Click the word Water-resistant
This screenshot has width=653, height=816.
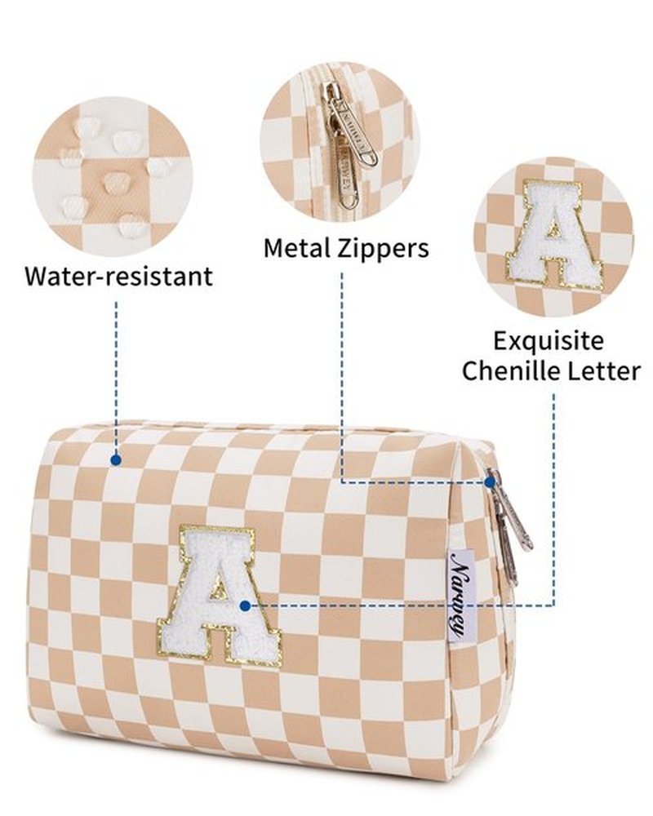coord(118,276)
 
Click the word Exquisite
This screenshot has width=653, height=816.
coord(549,342)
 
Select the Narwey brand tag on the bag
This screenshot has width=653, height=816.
coord(460,595)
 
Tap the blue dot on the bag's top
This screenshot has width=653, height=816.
coord(116,460)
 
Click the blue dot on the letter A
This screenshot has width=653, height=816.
coord(245,605)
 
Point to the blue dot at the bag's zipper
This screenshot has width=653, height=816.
coord(490,483)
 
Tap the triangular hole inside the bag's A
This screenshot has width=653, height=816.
coord(219,590)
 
